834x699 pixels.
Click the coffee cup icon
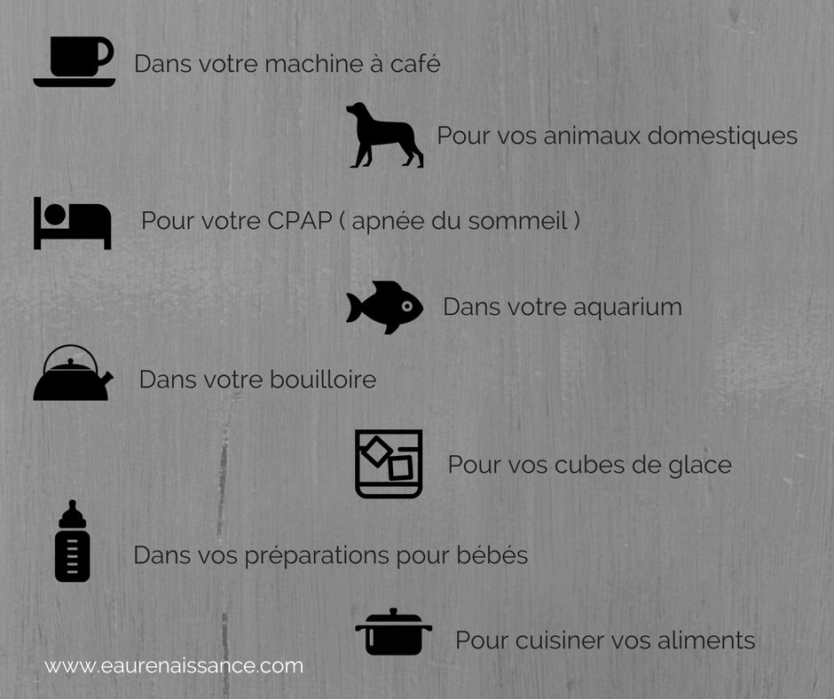[x=75, y=61]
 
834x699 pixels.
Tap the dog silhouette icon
[x=384, y=136]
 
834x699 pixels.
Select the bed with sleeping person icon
[x=73, y=223]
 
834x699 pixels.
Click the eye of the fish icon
[x=407, y=306]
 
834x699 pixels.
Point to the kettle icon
[x=73, y=373]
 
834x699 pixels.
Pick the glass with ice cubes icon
[x=389, y=464]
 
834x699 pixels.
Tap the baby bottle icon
[x=73, y=540]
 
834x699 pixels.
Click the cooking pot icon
[x=394, y=632]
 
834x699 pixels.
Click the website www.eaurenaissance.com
[x=174, y=666]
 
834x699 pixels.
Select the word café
[x=415, y=63]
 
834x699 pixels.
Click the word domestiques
[x=722, y=135]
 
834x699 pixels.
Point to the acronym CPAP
[x=300, y=220]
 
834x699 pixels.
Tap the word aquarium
[x=627, y=308]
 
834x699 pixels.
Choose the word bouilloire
[x=323, y=380]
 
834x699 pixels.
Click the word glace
[x=700, y=465]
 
